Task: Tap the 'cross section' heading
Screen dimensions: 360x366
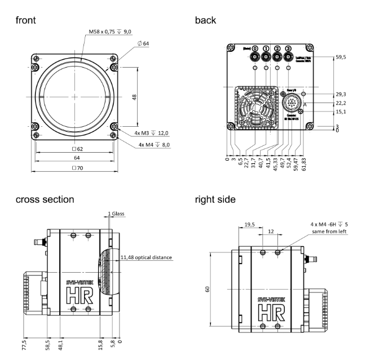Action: click(45, 199)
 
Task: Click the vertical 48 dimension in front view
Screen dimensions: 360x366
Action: click(134, 97)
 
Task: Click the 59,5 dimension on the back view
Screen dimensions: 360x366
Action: click(340, 57)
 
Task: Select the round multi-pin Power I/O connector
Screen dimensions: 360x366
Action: click(293, 104)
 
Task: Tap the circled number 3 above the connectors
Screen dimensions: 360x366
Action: click(289, 49)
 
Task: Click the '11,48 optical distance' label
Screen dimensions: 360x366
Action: click(146, 257)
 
